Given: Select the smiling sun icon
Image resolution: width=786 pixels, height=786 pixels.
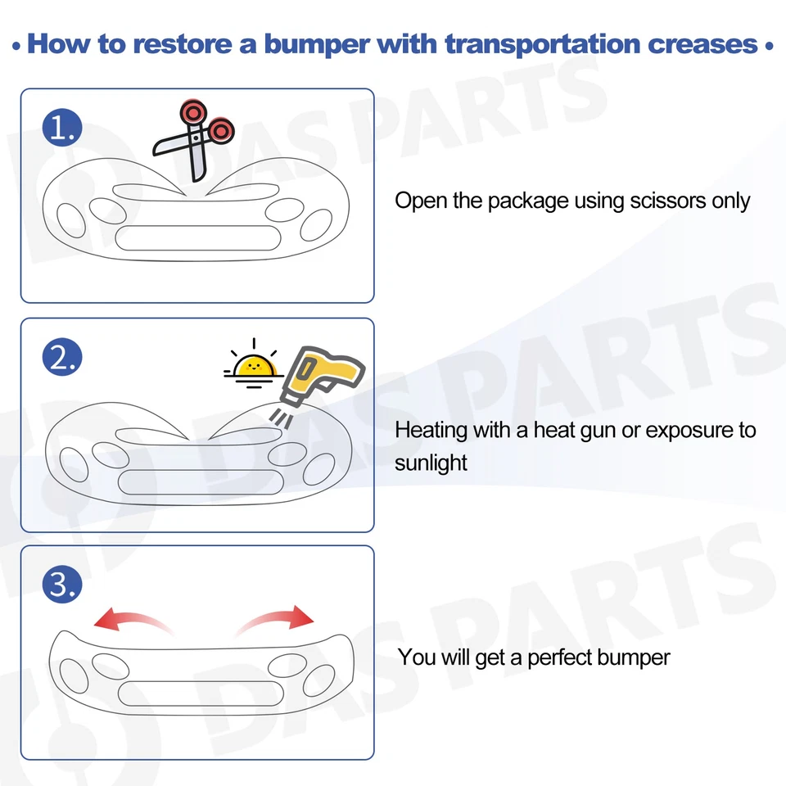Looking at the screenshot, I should [x=253, y=364].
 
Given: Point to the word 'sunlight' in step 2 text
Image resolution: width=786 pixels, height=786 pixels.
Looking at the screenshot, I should [x=431, y=463].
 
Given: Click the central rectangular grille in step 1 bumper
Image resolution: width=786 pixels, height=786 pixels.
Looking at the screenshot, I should [x=196, y=238].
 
